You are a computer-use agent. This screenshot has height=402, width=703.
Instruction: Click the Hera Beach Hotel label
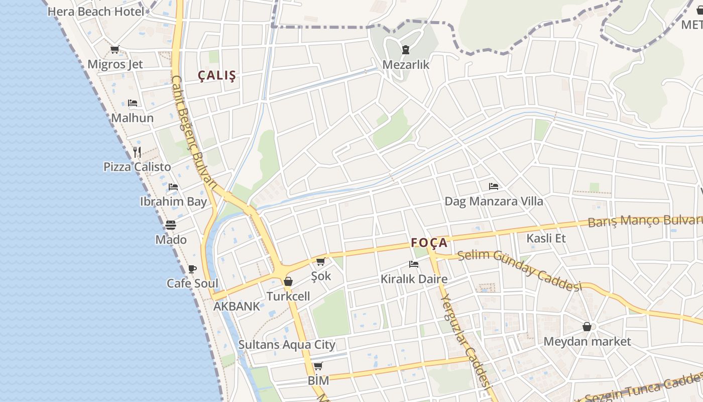point(96,11)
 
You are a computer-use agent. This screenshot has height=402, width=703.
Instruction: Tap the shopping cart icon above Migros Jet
point(114,49)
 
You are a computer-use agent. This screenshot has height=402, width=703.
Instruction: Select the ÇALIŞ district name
point(217,76)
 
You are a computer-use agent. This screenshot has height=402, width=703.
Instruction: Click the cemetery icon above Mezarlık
point(405,49)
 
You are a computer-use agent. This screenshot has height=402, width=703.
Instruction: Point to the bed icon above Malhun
point(132,103)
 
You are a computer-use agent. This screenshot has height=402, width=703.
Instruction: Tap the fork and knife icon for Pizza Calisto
point(137,152)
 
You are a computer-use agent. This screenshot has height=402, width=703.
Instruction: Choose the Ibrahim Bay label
point(173,202)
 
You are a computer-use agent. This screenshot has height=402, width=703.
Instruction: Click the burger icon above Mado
point(171,225)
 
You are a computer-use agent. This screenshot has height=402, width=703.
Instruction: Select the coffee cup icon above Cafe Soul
point(192,269)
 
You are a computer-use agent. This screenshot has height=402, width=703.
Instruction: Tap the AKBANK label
point(237,306)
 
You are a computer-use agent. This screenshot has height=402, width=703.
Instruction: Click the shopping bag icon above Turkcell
point(288,281)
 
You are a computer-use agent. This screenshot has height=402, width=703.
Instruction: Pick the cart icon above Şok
point(320,261)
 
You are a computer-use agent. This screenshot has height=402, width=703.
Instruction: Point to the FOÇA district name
point(429,243)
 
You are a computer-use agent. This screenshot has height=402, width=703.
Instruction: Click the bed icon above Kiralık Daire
point(413,264)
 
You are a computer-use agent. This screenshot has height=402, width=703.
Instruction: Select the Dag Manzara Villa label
point(494,202)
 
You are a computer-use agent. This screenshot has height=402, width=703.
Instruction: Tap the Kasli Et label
point(546,238)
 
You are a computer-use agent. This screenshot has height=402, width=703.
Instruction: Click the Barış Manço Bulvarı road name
point(645,220)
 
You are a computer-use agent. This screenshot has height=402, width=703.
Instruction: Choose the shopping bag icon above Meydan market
point(587,327)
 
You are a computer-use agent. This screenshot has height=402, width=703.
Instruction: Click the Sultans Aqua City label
point(286,345)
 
